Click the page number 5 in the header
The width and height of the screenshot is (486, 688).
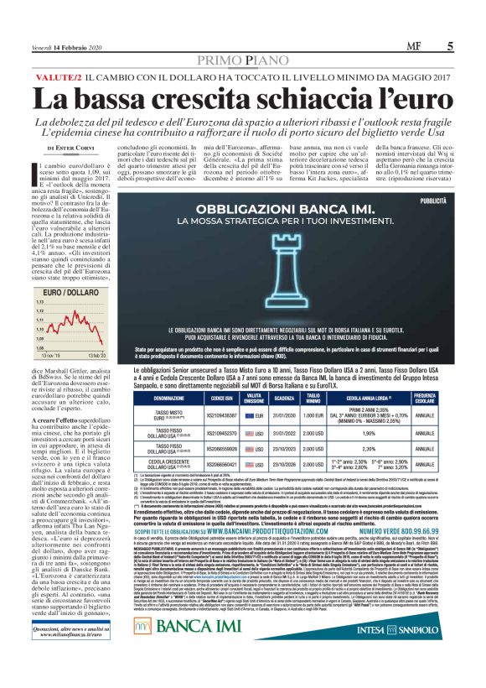click(450, 48)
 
